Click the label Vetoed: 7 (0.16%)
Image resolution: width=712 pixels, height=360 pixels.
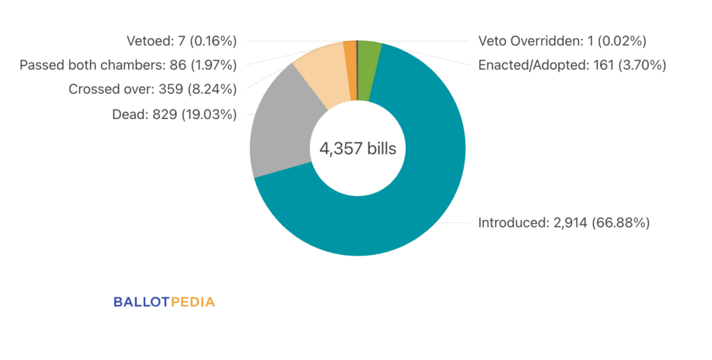click(x=181, y=41)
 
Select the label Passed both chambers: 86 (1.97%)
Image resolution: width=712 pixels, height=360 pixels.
click(x=128, y=65)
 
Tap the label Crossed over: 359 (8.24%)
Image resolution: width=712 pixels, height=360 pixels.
click(x=152, y=90)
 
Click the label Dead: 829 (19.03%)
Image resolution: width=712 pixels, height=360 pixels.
click(x=174, y=114)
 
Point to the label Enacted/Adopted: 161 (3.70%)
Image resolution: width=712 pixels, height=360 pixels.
click(x=572, y=65)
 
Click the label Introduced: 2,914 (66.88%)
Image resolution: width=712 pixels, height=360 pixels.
click(x=563, y=223)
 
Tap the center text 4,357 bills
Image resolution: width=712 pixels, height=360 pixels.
click(x=357, y=149)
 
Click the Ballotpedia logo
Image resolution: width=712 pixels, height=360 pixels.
click(x=164, y=302)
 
